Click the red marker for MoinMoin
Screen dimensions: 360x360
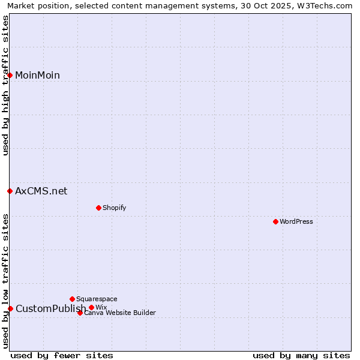10,75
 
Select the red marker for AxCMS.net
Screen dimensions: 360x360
10,191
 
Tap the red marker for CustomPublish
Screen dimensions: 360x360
10,308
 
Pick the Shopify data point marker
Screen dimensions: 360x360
98,208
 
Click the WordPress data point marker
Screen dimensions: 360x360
275,221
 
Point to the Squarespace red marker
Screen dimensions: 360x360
72,299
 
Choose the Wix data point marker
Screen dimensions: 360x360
91,307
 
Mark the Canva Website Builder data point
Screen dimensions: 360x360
80,313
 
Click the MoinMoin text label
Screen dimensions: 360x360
37,75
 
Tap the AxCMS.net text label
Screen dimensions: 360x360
41,191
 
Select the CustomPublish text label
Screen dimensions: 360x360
51,308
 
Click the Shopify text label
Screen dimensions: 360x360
114,208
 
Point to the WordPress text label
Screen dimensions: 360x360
296,221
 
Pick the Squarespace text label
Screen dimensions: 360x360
97,299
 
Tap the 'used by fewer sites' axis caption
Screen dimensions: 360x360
62,355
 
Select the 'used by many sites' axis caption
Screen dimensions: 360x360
301,355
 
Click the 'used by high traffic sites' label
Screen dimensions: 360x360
6,85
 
